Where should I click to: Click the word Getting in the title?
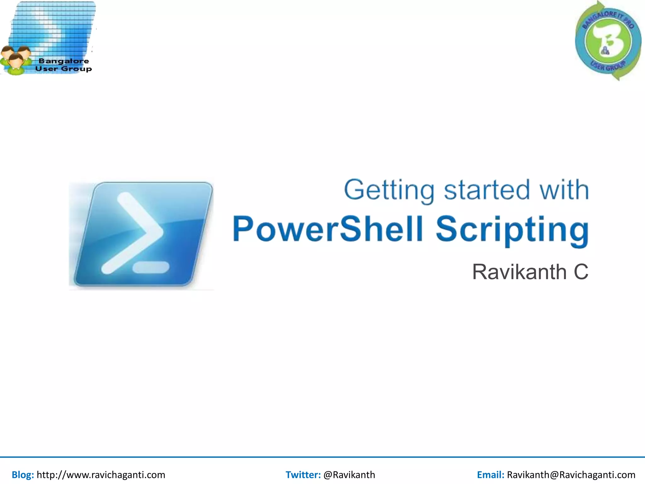[x=389, y=190]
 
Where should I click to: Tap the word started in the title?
[x=487, y=190]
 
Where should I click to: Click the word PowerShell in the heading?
[x=328, y=229]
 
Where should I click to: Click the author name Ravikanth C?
[x=530, y=272]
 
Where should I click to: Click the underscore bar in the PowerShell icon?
[x=151, y=268]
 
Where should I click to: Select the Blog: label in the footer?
[x=23, y=475]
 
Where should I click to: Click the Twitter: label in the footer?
[x=303, y=475]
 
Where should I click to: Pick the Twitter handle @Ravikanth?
[x=349, y=475]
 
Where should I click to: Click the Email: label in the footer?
[x=490, y=475]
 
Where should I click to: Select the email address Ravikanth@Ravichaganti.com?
[x=571, y=475]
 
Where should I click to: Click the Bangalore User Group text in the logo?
[x=63, y=65]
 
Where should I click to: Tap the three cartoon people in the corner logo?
[x=16, y=60]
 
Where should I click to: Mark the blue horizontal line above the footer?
[x=322, y=457]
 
